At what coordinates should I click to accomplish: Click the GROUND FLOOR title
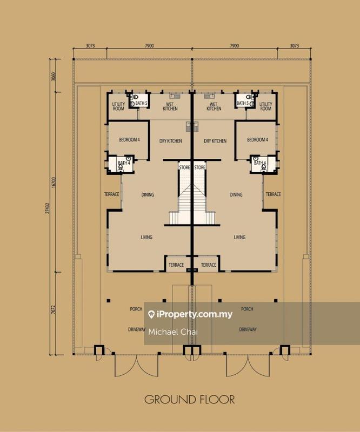(x=190, y=400)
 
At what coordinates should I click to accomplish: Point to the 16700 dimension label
(x=54, y=183)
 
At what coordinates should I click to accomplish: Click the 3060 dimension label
(x=54, y=76)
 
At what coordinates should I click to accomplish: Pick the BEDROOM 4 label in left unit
(x=129, y=140)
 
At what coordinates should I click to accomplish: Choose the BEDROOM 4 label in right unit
(x=257, y=140)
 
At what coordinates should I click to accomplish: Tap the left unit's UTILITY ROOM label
(x=118, y=106)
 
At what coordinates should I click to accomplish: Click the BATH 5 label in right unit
(x=243, y=103)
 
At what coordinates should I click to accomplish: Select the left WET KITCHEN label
(x=170, y=106)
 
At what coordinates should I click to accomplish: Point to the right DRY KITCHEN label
(x=215, y=141)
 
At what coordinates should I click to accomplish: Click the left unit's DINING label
(x=148, y=195)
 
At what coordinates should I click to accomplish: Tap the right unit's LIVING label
(x=239, y=237)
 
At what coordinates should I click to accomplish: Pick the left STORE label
(x=184, y=167)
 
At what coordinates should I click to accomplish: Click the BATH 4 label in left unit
(x=124, y=163)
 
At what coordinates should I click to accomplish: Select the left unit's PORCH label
(x=136, y=309)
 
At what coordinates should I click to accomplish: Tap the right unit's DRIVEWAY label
(x=248, y=329)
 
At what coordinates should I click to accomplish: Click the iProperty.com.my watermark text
(x=194, y=314)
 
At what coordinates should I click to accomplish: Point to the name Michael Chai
(x=173, y=332)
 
